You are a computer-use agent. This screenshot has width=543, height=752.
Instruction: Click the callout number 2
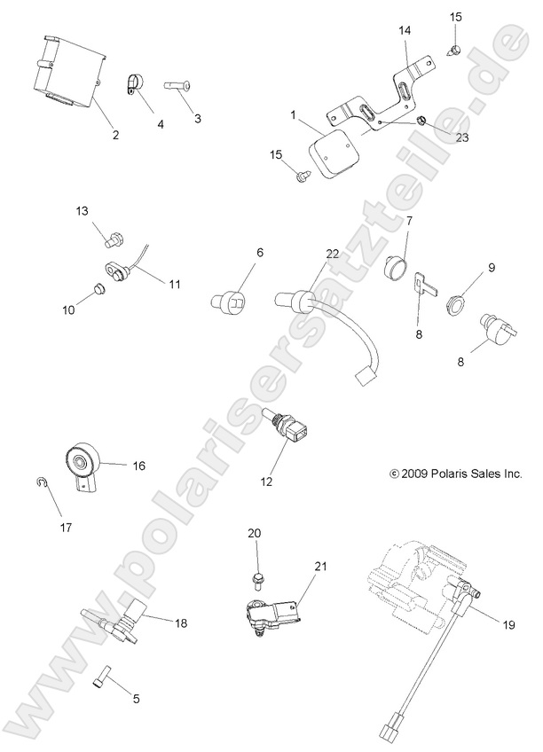click(x=115, y=135)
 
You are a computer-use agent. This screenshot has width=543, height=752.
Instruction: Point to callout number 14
click(x=405, y=30)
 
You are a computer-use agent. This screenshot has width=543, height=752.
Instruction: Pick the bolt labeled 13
click(x=113, y=238)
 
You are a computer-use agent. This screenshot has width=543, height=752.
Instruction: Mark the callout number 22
click(x=332, y=255)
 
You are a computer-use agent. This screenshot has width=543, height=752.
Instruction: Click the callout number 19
click(x=508, y=625)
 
